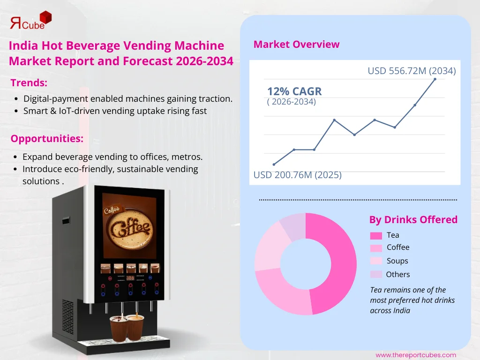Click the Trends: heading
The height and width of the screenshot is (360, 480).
[29, 83]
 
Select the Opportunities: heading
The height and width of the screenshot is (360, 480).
[47, 138]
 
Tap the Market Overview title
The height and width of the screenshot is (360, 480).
[296, 45]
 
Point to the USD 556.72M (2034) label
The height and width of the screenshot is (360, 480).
[412, 71]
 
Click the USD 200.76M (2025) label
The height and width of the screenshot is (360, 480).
[297, 175]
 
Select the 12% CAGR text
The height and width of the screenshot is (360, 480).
[294, 91]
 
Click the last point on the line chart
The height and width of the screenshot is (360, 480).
[435, 79]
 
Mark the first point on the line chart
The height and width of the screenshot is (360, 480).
[274, 164]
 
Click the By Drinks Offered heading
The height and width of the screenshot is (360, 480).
[413, 219]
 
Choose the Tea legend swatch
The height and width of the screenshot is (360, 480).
[376, 235]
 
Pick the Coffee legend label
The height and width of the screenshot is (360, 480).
[398, 247]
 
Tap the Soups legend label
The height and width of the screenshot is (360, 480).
[397, 261]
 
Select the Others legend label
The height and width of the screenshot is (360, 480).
[397, 274]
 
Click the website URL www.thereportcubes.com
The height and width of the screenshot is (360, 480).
[415, 355]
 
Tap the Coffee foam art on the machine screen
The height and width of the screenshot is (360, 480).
[129, 227]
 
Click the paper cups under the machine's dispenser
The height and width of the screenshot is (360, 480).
[127, 327]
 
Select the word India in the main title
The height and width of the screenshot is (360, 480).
[22, 46]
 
